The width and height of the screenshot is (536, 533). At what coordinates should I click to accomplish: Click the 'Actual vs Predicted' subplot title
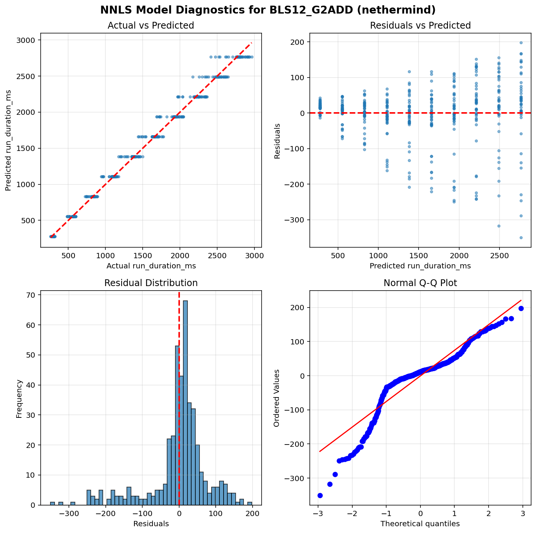pos(151,26)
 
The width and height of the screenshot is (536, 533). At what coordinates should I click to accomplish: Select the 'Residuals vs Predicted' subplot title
pos(420,26)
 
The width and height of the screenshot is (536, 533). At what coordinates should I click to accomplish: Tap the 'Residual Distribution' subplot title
pos(151,283)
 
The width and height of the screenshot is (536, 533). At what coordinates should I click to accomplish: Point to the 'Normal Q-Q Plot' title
pos(420,283)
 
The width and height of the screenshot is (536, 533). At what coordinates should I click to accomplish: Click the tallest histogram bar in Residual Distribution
pos(185,403)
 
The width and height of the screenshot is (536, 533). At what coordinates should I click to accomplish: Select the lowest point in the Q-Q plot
pos(320,495)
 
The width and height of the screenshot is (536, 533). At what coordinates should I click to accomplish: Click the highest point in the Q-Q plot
pos(521,308)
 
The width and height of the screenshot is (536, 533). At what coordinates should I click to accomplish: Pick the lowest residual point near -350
pos(521,238)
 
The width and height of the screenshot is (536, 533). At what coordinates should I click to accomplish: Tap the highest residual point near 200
pos(521,43)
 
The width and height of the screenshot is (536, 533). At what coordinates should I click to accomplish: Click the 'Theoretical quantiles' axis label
pos(420,524)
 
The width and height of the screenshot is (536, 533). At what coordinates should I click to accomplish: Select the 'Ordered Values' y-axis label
pos(277,398)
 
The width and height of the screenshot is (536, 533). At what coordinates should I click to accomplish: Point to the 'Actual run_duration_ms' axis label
pos(151,266)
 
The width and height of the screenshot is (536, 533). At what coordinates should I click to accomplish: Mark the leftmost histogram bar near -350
pos(52,503)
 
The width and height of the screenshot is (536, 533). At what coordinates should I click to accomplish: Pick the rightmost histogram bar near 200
pos(250,503)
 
